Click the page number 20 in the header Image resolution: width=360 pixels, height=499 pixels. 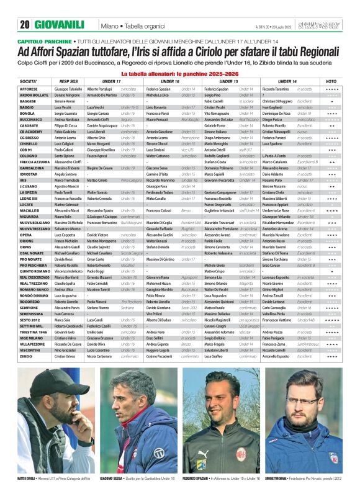[x=25, y=25]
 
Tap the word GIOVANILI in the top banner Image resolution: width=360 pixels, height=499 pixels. [x=60, y=25]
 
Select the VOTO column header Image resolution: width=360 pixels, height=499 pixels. [x=331, y=81]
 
